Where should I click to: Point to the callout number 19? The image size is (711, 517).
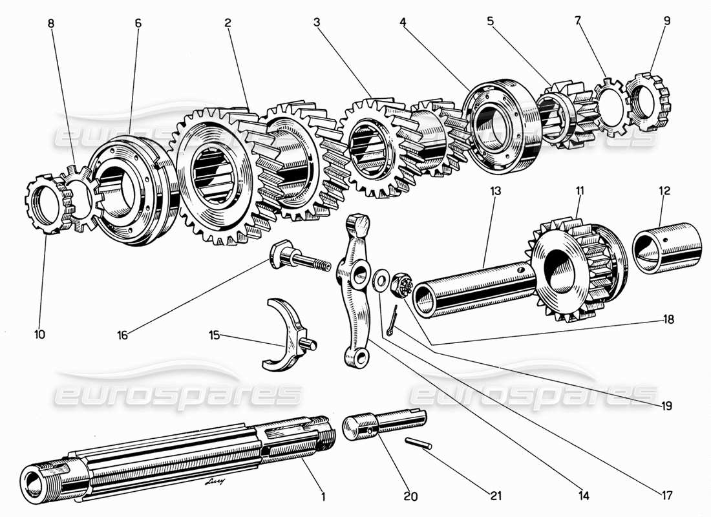click(666, 406)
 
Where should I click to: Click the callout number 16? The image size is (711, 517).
click(123, 335)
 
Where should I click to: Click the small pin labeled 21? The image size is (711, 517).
click(417, 445)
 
